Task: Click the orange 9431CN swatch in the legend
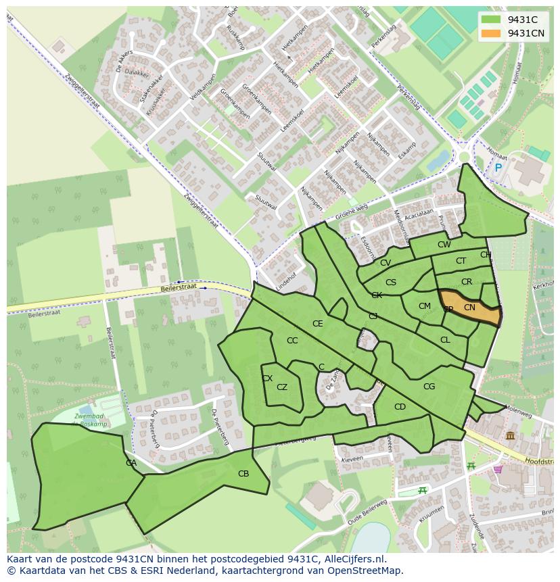click(491, 33)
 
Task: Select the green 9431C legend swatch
click(491, 20)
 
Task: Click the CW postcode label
click(444, 245)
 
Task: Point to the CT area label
click(461, 261)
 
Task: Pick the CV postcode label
click(385, 263)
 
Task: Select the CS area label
click(390, 283)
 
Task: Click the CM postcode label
click(424, 306)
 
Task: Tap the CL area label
click(444, 340)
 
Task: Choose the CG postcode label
click(429, 387)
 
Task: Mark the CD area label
click(400, 406)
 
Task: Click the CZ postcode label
click(282, 387)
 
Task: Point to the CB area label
click(243, 474)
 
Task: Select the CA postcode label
click(131, 463)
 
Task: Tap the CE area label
click(317, 324)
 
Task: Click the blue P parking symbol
click(498, 168)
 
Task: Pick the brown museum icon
click(509, 436)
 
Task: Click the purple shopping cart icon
click(498, 469)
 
